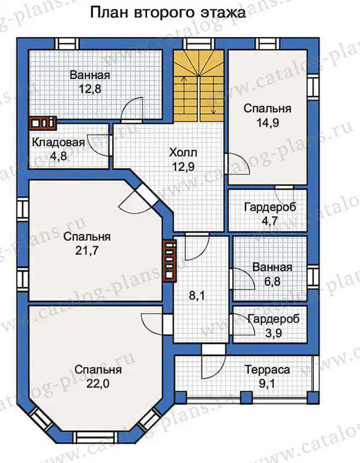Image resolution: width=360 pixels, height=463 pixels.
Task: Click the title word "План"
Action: click(109, 13)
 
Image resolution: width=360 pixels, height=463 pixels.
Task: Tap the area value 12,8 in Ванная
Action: click(90, 89)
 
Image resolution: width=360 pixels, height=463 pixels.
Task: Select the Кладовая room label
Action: click(58, 142)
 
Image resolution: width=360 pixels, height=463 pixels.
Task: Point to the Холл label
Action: click(183, 153)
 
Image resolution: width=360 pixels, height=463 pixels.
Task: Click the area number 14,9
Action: click(267, 123)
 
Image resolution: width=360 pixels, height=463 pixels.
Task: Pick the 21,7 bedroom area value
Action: click(87, 251)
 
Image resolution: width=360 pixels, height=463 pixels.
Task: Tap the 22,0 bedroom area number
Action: click(98, 384)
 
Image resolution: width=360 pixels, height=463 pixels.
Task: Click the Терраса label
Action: click(267, 370)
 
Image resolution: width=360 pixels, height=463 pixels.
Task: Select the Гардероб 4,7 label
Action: click(270, 207)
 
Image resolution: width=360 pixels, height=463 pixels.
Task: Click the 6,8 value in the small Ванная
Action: click(272, 281)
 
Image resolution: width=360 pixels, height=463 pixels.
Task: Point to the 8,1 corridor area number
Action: click(197, 295)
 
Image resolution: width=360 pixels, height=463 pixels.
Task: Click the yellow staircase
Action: click(199, 86)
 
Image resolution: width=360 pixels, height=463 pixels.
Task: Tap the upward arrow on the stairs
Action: click(184, 95)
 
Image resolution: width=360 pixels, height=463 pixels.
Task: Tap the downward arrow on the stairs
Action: click(213, 95)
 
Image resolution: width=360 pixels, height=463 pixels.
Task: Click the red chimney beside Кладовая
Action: click(43, 123)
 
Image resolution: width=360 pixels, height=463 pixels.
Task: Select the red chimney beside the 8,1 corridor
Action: click(170, 260)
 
